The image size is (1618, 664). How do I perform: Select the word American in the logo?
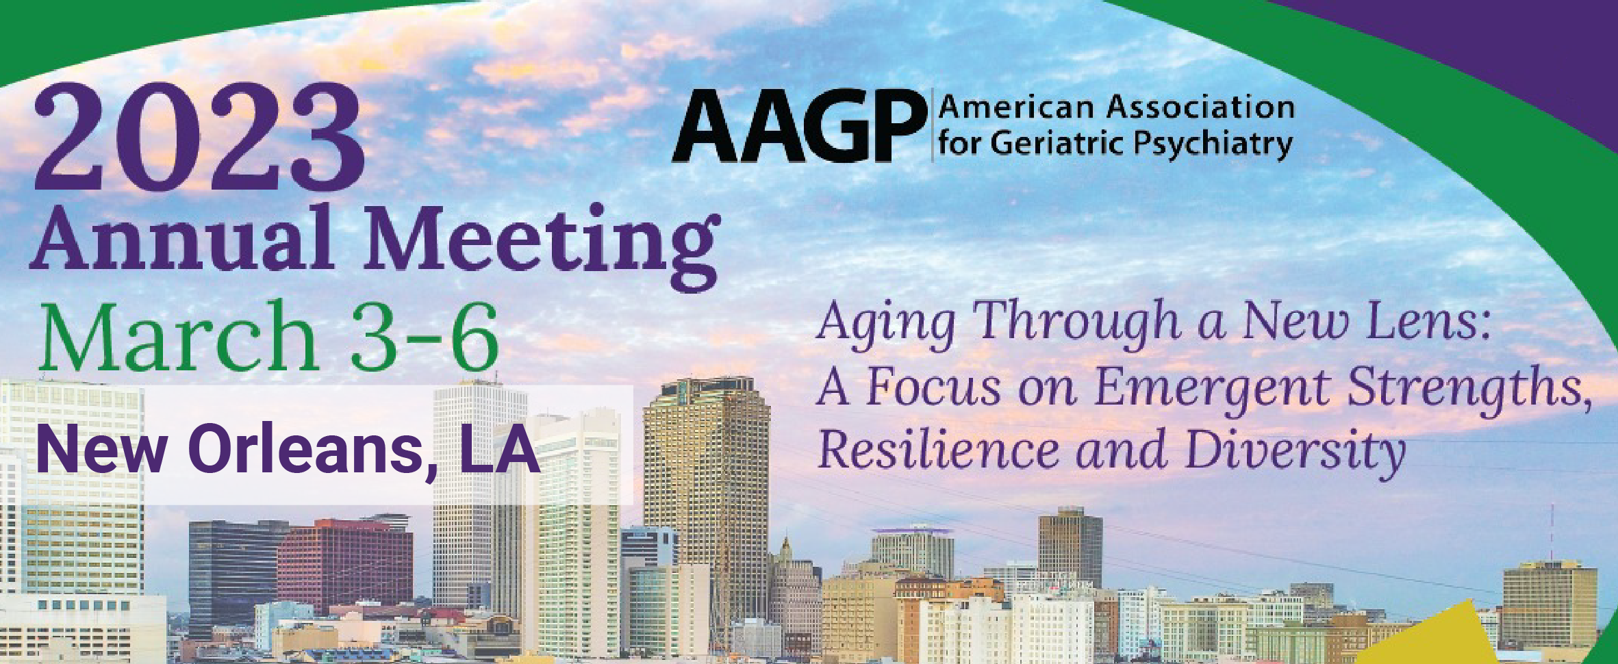click(x=1017, y=107)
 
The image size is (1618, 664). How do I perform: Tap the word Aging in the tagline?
click(x=887, y=324)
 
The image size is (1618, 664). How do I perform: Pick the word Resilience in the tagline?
click(x=938, y=449)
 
